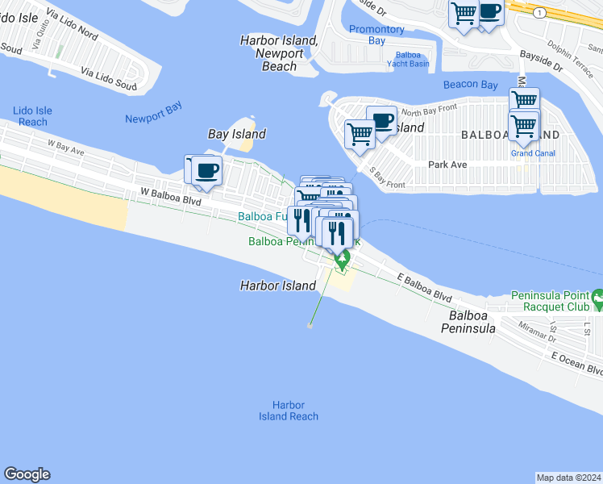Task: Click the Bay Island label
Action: click(x=237, y=134)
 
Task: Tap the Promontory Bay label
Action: click(x=376, y=35)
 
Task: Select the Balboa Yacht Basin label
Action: click(x=408, y=59)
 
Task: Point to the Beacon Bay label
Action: click(x=470, y=85)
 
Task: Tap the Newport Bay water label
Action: click(x=154, y=119)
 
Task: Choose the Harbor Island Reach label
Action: click(x=289, y=411)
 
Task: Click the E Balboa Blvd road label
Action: click(x=425, y=287)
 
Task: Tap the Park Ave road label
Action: click(x=447, y=165)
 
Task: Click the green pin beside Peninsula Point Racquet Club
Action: click(x=597, y=300)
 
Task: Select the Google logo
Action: click(x=27, y=474)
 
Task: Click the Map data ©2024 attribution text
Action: click(x=568, y=478)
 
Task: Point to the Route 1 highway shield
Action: click(x=536, y=12)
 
